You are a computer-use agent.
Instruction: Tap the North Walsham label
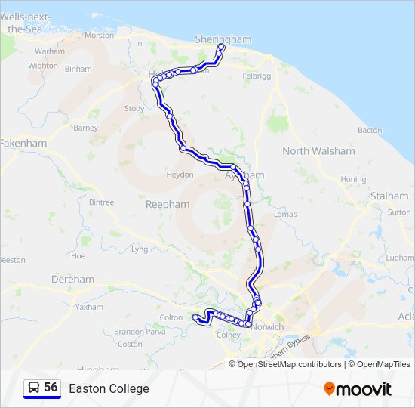tap(318, 151)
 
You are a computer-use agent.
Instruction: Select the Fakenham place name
tap(23, 143)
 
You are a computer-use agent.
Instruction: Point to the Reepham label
tap(168, 204)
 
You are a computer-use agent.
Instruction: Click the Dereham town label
tap(73, 279)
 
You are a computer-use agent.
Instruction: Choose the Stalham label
tap(389, 196)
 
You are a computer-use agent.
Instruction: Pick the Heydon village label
tap(180, 175)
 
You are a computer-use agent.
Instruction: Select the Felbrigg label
tap(256, 76)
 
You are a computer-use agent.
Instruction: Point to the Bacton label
tap(370, 130)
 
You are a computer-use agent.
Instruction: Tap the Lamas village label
tap(286, 215)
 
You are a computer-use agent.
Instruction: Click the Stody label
tap(134, 109)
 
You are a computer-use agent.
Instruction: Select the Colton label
tap(171, 318)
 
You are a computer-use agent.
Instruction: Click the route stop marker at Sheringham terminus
tap(221, 48)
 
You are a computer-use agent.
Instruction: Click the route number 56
tap(51, 388)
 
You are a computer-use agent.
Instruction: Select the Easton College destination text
tap(109, 388)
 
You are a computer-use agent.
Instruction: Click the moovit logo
tap(358, 388)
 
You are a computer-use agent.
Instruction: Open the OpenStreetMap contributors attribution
tap(289, 364)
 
